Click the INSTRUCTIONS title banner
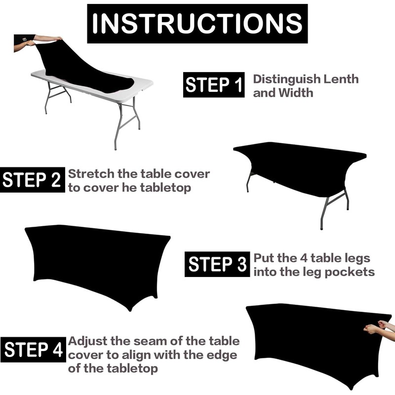pos(197,23)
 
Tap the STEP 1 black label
pos(214,84)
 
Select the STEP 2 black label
pos(33,180)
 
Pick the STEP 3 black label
pos(217,264)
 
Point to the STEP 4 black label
pos(33,350)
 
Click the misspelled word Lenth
pos(341,79)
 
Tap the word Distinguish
pos(287,79)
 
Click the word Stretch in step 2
pos(91,174)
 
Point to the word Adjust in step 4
pos(87,341)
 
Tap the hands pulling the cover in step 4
pos(379,327)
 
